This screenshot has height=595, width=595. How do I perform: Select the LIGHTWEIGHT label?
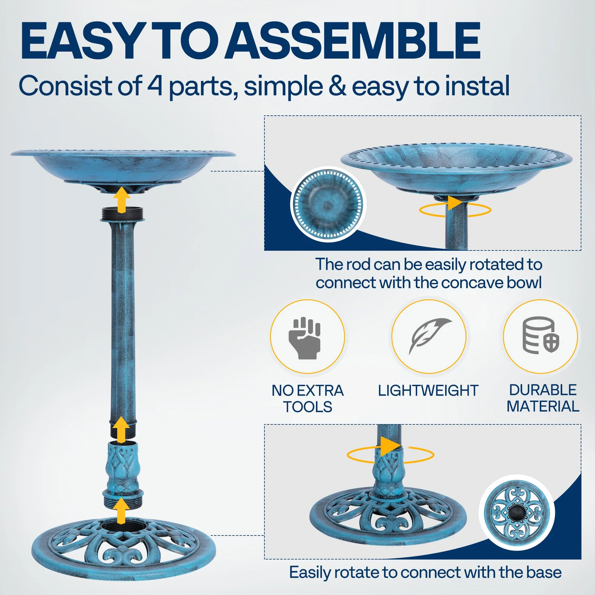428,390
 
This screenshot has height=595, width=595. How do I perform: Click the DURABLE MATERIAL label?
543,398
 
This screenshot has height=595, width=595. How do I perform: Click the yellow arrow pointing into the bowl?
122,200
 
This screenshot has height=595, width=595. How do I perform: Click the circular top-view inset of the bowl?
328,204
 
